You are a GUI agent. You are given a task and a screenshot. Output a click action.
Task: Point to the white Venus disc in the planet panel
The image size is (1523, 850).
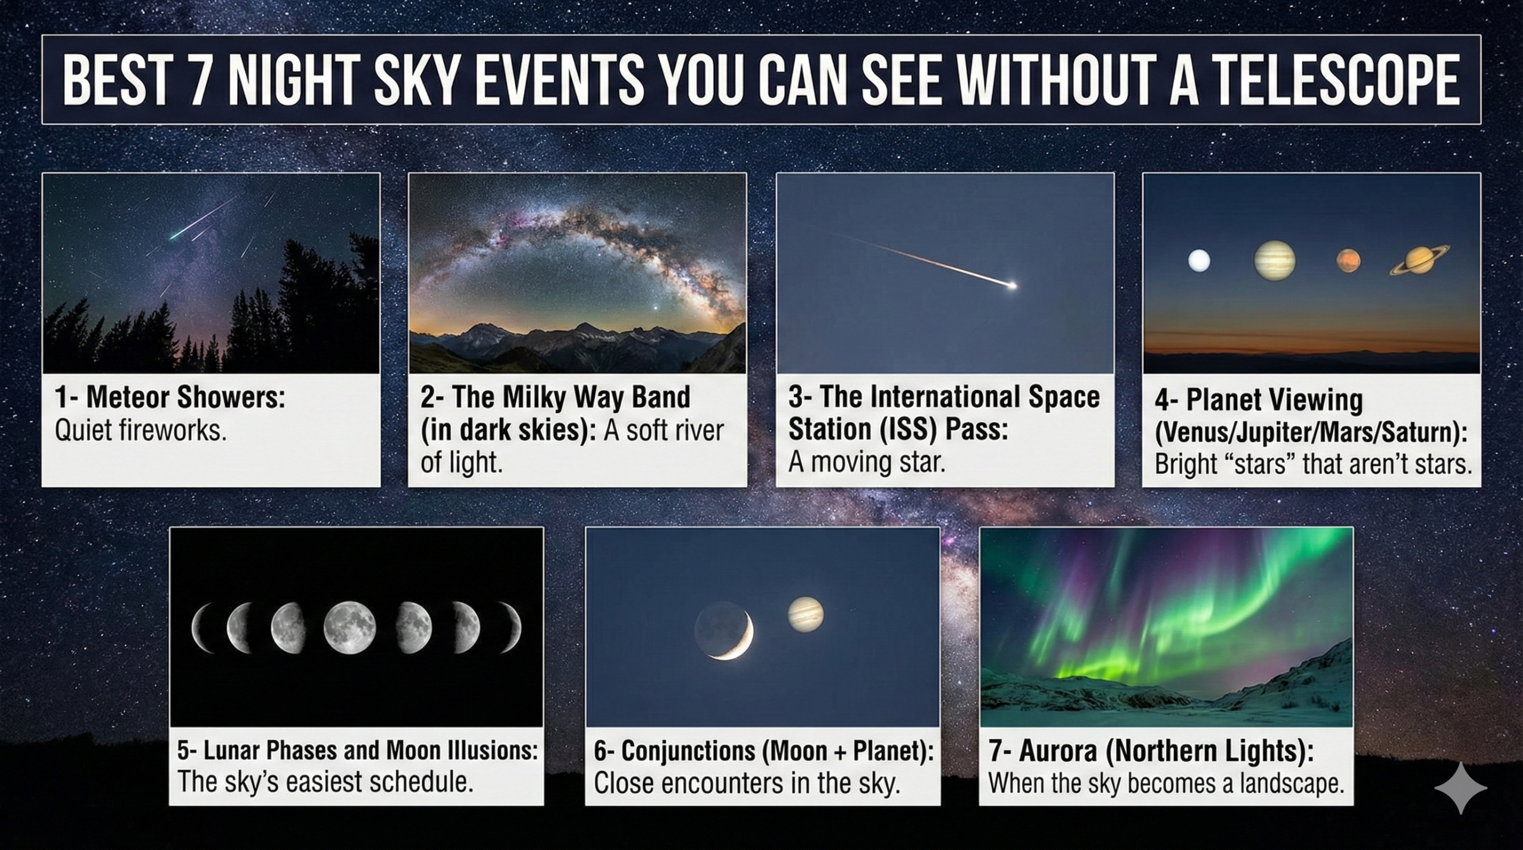pyautogui.click(x=1199, y=261)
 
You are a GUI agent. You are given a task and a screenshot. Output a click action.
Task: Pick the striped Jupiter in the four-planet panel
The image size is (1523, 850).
pyautogui.click(x=1274, y=261)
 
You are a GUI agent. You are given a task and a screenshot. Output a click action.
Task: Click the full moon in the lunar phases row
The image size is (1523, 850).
pyautogui.click(x=349, y=627)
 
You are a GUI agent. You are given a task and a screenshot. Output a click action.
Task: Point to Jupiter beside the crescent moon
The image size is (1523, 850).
pyautogui.click(x=806, y=614)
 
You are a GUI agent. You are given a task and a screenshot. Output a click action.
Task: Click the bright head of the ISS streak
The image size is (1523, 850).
pyautogui.click(x=1011, y=286)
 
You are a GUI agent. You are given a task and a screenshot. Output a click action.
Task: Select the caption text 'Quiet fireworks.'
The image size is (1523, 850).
pyautogui.click(x=141, y=430)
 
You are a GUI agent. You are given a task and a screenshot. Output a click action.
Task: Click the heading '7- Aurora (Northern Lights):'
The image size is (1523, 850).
pyautogui.click(x=1151, y=751)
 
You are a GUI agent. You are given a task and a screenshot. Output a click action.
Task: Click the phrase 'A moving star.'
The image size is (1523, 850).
pyautogui.click(x=866, y=462)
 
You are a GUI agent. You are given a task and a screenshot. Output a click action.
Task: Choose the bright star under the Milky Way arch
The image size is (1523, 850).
pyautogui.click(x=656, y=309)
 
